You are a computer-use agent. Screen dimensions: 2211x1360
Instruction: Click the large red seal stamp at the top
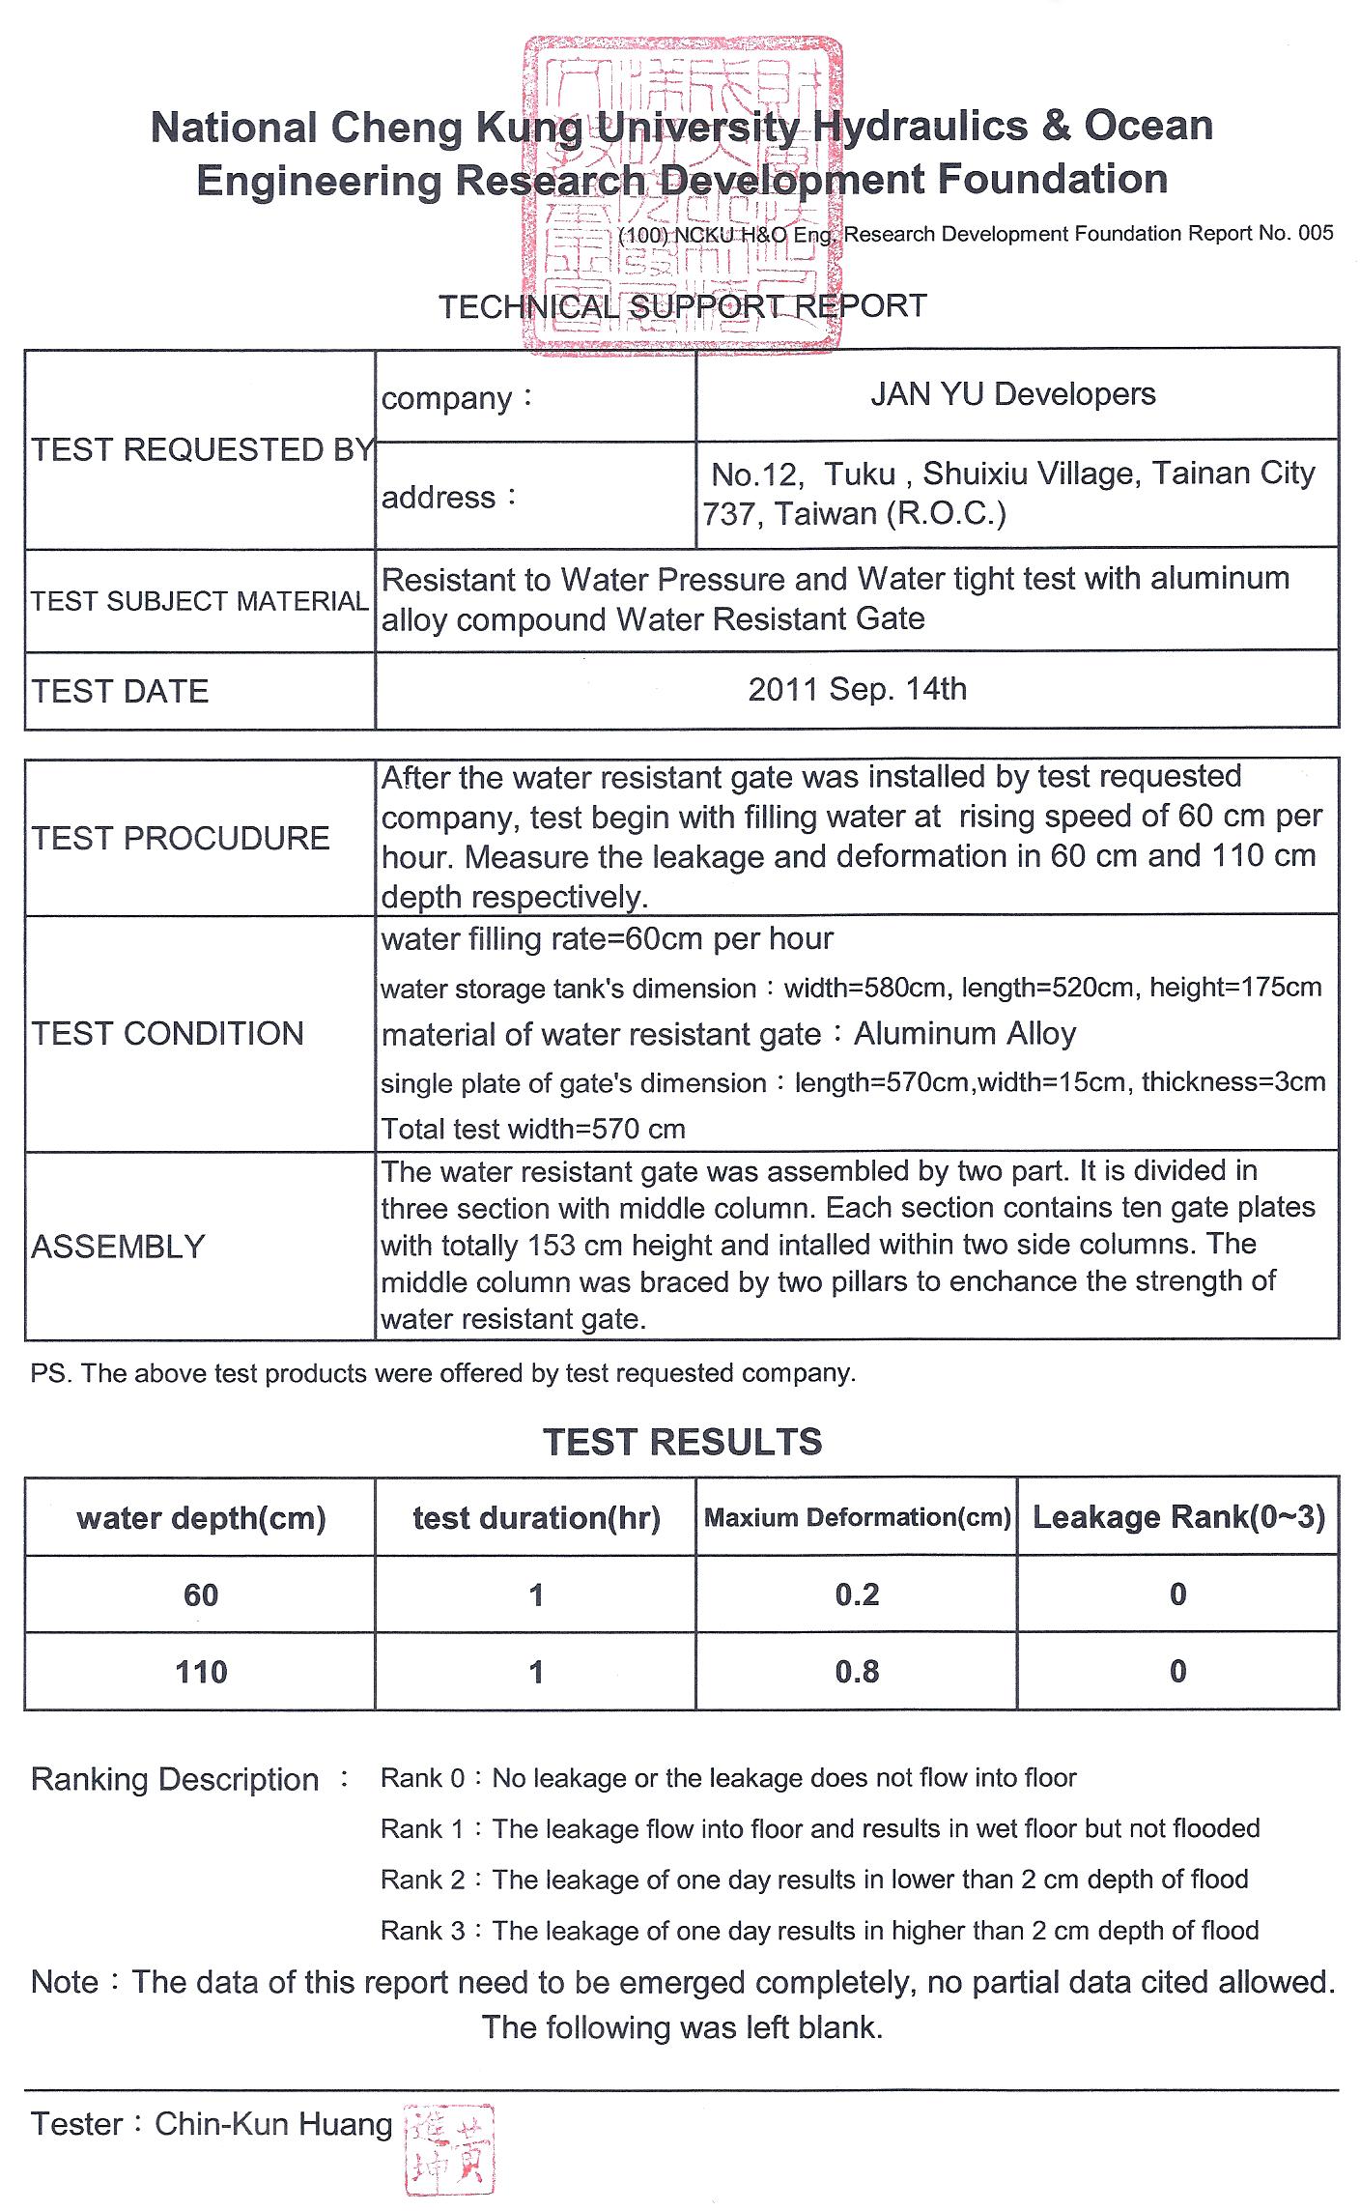[680, 193]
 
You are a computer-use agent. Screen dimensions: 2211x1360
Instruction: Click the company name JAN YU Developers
[1012, 394]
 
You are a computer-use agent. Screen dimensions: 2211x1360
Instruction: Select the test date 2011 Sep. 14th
[857, 689]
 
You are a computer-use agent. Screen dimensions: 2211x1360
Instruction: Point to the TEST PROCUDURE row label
[181, 838]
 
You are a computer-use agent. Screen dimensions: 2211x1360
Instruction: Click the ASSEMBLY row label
[118, 1247]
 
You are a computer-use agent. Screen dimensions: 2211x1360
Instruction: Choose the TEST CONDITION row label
[167, 1033]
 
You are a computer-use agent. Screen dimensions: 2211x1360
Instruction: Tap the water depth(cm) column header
[201, 1518]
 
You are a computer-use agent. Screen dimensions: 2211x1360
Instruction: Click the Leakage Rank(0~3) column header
[1178, 1517]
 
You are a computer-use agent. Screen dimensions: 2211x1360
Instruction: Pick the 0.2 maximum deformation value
[857, 1594]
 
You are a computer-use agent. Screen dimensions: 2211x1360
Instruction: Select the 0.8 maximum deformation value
[857, 1672]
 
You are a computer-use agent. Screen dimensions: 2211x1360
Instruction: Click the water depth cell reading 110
[201, 1672]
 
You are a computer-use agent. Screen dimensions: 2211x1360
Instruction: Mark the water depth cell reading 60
[201, 1594]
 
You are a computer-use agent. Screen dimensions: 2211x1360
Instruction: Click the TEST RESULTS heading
[682, 1442]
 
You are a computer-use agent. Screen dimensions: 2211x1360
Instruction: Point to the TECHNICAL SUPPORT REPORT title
[682, 306]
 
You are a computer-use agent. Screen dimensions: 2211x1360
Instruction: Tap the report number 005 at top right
[1316, 233]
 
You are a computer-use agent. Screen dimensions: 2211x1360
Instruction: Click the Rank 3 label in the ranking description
[423, 1931]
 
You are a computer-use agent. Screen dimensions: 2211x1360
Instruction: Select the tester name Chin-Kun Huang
[273, 2124]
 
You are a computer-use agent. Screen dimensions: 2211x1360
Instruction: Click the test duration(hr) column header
[536, 1518]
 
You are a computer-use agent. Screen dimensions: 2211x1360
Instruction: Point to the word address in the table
[439, 498]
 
